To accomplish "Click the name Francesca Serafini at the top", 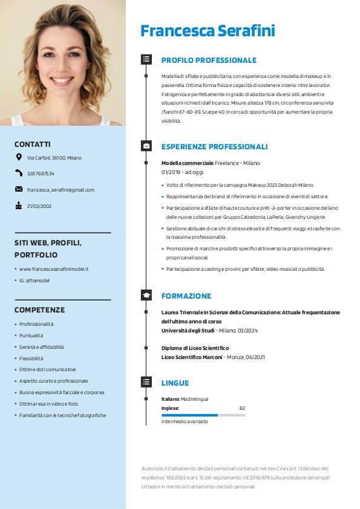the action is pyautogui.click(x=208, y=31).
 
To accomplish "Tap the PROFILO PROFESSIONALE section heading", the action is pyautogui.click(x=209, y=60).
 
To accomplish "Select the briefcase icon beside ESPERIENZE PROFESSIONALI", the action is pyautogui.click(x=146, y=146).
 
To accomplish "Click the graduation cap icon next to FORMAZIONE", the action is pyautogui.click(x=146, y=296).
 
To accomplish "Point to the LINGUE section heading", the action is pyautogui.click(x=175, y=383).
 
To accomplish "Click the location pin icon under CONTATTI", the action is pyautogui.click(x=19, y=157).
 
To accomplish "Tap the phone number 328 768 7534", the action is pyautogui.click(x=41, y=173).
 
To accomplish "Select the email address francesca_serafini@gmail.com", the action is pyautogui.click(x=61, y=190).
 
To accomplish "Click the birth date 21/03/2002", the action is pyautogui.click(x=39, y=206).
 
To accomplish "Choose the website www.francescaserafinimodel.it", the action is pyautogui.click(x=54, y=269).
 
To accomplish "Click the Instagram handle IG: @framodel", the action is pyautogui.click(x=34, y=280).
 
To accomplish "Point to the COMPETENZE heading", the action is pyautogui.click(x=39, y=310).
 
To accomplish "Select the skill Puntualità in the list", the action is pyautogui.click(x=31, y=336).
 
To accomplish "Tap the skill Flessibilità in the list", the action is pyautogui.click(x=31, y=358).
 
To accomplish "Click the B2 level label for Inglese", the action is pyautogui.click(x=242, y=408).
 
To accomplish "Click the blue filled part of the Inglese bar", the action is pyautogui.click(x=189, y=415).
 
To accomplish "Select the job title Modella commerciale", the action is pyautogui.click(x=188, y=163).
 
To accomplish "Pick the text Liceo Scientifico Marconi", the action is pyautogui.click(x=192, y=357).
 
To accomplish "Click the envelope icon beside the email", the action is pyautogui.click(x=19, y=189).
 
